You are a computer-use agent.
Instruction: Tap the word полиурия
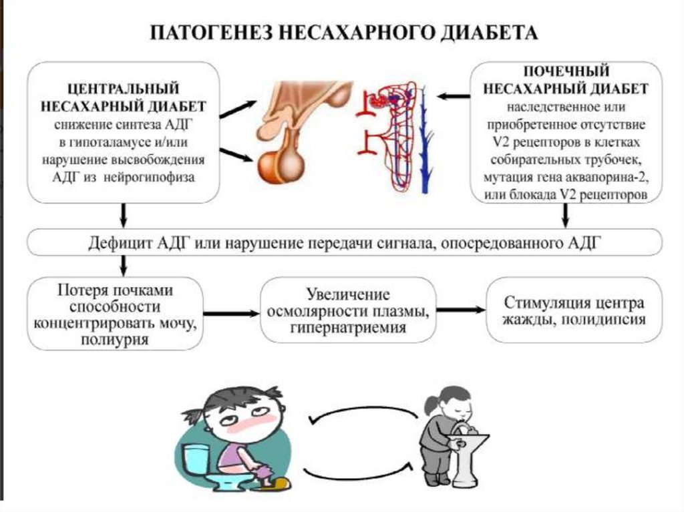pos(115,340)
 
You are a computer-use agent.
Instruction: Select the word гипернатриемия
pos(348,328)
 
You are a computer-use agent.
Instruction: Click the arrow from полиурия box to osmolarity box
pos(230,312)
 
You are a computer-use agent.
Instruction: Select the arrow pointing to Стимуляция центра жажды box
pos(461,310)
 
